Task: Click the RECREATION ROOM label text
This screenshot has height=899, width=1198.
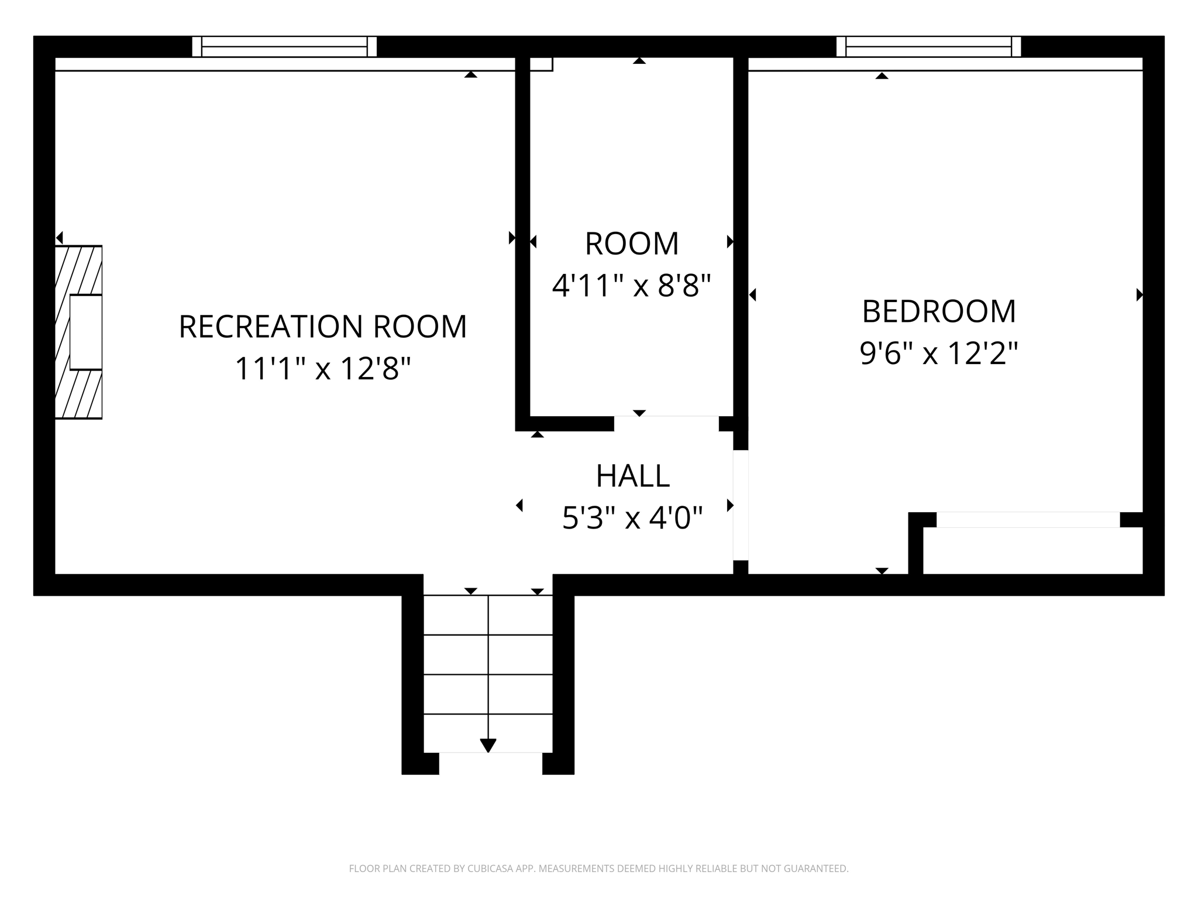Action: coord(322,327)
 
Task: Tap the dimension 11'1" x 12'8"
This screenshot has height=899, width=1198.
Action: coord(322,369)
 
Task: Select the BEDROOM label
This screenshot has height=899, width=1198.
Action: coord(939,311)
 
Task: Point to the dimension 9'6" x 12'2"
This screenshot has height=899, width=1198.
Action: coord(939,354)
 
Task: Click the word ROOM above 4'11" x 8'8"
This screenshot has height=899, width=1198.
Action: coord(632,243)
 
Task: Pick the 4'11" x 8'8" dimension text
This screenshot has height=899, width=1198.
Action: coord(632,286)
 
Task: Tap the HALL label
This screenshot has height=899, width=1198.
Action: coord(632,476)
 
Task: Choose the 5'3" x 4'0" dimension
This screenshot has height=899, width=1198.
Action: coord(632,518)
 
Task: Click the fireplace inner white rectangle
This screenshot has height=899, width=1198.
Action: coord(86,332)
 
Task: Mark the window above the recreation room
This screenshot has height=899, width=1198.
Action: coord(284,46)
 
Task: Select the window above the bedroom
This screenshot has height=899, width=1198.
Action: coord(928,46)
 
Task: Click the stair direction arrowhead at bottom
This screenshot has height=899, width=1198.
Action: coord(488,745)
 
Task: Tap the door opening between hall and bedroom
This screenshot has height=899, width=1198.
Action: coord(741,505)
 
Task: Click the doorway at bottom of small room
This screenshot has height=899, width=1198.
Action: coord(666,423)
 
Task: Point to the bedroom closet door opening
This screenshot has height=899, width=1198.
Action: coord(1028,520)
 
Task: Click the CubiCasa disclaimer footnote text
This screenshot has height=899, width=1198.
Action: coord(598,869)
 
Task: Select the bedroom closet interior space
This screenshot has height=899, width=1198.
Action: coord(1032,550)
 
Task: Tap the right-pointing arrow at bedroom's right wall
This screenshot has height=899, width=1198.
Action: coord(1139,295)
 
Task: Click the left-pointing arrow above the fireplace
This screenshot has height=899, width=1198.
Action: coord(59,238)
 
